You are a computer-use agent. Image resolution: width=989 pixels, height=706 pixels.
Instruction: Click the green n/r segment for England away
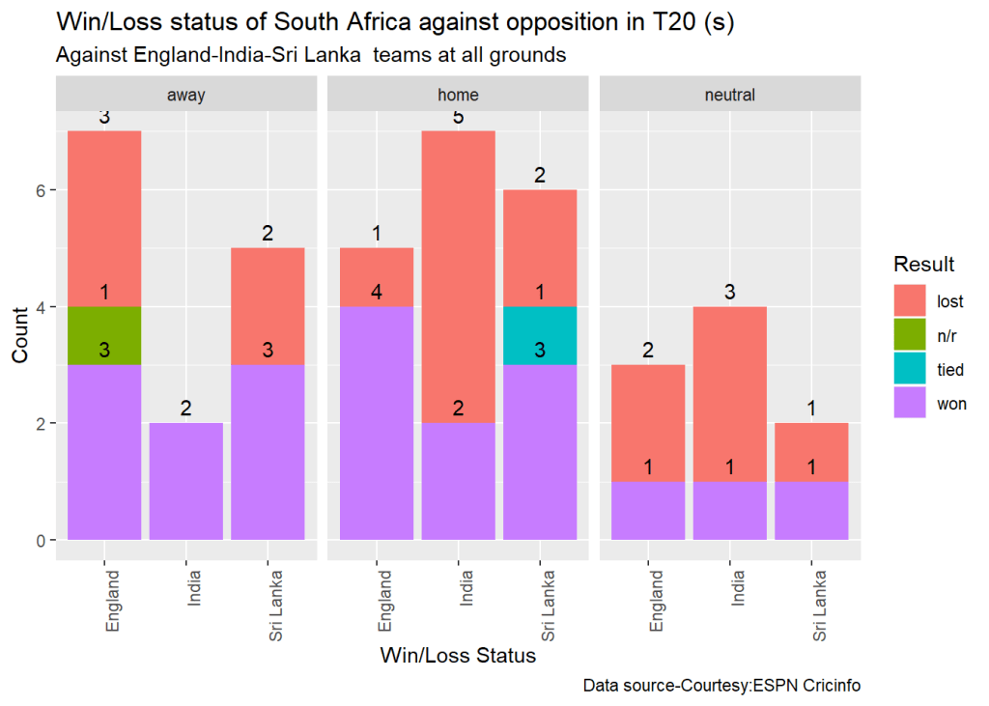tap(104, 336)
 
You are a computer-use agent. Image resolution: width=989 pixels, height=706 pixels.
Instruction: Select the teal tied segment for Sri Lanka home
tap(540, 336)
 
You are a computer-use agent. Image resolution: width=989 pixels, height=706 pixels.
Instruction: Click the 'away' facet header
tap(185, 95)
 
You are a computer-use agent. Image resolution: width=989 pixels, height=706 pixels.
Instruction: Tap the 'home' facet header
tap(458, 95)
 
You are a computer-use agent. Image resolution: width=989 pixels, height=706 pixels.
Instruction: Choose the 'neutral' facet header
tap(730, 95)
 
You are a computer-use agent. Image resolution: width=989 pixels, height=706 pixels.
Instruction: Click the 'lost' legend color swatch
tap(911, 301)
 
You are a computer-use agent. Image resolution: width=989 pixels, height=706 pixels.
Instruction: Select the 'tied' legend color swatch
tap(911, 370)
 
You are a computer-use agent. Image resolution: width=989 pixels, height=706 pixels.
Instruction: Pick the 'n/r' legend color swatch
tap(911, 336)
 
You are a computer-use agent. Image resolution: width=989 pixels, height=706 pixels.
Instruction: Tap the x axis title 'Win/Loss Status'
tap(458, 657)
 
